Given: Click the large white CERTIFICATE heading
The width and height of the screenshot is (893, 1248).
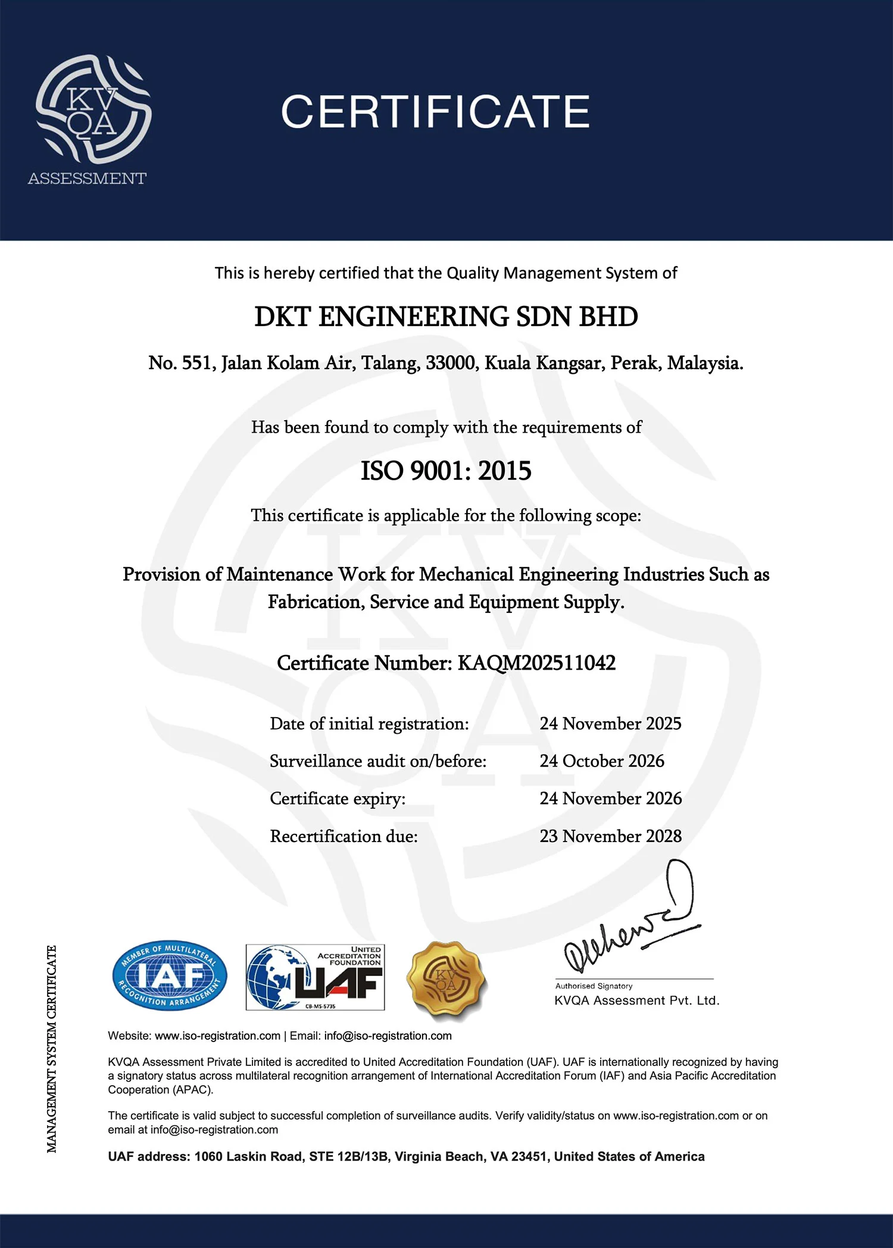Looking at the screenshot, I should click(435, 112).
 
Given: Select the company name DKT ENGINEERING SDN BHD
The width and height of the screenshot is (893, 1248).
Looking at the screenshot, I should click(446, 317).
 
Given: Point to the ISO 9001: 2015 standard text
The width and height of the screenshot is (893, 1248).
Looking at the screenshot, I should click(446, 471).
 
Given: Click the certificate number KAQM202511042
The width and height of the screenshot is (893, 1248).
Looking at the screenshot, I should click(536, 663).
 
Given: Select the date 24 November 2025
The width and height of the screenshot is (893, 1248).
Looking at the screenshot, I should click(610, 724).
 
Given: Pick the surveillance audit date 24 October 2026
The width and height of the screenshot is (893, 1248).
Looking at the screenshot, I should click(602, 761).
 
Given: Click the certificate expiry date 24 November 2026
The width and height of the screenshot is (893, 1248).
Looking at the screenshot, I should click(610, 799).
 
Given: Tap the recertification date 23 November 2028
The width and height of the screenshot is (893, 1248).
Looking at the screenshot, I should click(610, 836).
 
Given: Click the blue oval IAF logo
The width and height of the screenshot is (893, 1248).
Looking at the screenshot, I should click(170, 975).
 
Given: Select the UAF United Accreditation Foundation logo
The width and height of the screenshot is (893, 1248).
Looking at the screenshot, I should click(316, 977).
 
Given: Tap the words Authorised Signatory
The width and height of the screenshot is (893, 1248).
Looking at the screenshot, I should click(594, 986).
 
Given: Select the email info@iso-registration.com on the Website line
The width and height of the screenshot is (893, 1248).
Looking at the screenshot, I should click(388, 1036).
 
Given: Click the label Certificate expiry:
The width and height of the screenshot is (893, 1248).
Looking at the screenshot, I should click(338, 799).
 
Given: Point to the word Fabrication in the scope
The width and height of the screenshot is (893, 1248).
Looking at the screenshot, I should click(316, 602).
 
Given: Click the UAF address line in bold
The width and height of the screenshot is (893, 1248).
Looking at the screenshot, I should click(406, 1156).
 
